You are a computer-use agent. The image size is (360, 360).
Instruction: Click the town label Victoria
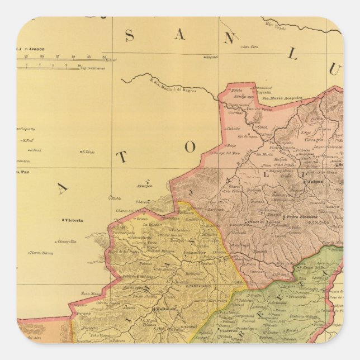click(74, 220)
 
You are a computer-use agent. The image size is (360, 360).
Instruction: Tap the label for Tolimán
click(165, 309)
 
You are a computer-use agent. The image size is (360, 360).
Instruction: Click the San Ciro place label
click(249, 46)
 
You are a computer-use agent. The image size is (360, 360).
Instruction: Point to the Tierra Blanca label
click(41, 252)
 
